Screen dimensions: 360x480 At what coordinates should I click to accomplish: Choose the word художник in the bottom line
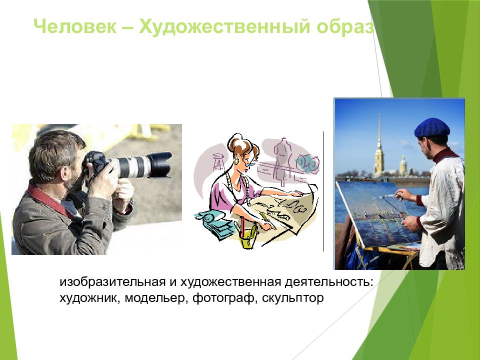(x=89, y=298)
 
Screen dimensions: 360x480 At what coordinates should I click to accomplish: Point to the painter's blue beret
(x=432, y=127)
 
